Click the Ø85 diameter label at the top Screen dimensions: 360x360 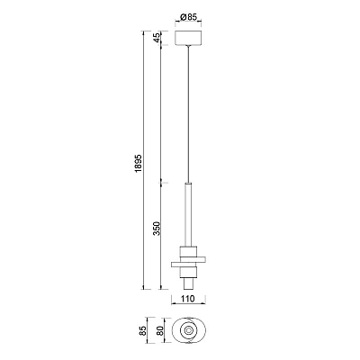point(188,17)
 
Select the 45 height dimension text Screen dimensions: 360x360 point(157,38)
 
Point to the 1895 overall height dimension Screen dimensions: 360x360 point(139,164)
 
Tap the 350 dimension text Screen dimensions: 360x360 point(157,229)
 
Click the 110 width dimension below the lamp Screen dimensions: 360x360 point(188,299)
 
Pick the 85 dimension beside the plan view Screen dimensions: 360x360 point(142,330)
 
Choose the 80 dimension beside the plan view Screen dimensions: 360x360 point(159,330)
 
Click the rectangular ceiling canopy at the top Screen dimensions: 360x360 point(188,38)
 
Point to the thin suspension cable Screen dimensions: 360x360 point(188,114)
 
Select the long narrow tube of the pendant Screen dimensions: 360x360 point(188,215)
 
